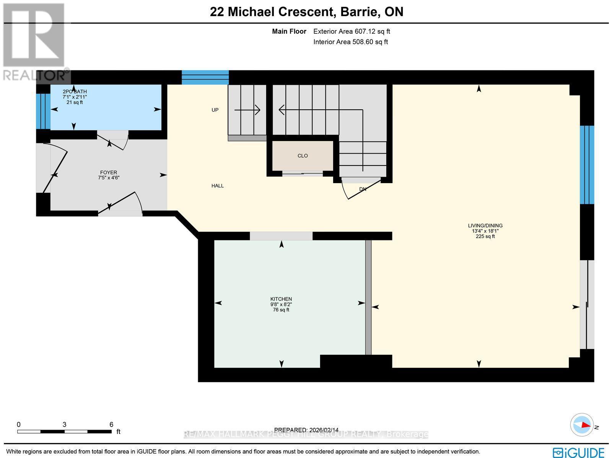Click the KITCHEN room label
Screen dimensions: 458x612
pos(281,299)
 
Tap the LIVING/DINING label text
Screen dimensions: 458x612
pos(485,226)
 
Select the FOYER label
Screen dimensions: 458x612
pos(109,172)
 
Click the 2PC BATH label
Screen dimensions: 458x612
pos(75,91)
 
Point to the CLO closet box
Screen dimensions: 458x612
pos(303,156)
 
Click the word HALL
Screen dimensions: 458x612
pos(217,186)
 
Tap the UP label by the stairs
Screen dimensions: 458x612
pos(215,110)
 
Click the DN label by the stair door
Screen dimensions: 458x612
pos(363,189)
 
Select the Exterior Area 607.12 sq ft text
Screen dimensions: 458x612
pos(352,32)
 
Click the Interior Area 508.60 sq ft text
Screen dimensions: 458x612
pos(350,42)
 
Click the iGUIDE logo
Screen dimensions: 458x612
pos(579,452)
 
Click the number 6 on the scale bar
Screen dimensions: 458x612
pos(111,424)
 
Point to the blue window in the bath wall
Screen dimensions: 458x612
pos(43,111)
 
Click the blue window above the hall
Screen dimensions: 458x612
pos(205,77)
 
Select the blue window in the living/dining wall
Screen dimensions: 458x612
pos(586,165)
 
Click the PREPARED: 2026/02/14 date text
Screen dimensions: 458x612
pos(306,430)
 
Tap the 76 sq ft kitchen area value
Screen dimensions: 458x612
pos(281,310)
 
